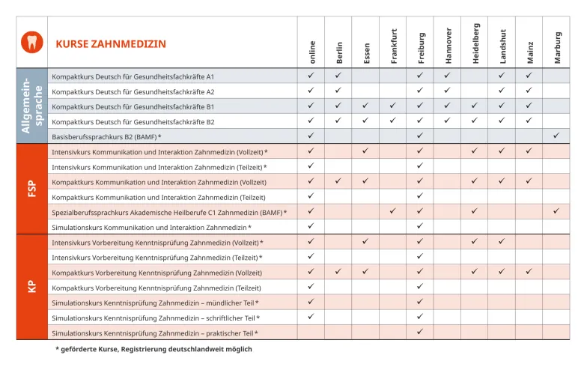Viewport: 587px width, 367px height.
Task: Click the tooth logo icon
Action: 31,43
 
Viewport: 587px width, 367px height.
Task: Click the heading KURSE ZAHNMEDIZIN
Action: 111,44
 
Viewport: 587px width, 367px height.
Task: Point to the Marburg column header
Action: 556,46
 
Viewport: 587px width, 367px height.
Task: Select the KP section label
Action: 31,286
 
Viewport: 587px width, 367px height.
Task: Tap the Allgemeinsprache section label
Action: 31,106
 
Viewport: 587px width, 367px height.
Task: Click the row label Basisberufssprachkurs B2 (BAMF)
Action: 106,136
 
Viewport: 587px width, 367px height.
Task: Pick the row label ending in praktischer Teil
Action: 155,333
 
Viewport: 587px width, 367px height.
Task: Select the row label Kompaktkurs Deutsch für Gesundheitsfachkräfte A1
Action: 133,76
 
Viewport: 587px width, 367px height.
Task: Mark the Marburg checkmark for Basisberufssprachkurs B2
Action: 556,136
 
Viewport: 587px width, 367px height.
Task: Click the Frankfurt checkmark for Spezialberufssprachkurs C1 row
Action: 393,211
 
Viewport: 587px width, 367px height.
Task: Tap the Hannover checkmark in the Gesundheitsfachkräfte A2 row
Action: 447,91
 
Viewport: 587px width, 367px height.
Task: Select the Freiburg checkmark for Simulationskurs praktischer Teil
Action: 420,332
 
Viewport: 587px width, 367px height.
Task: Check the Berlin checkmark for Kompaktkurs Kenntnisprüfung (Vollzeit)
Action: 338,272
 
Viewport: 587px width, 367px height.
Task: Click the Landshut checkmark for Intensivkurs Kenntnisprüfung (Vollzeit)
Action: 502,241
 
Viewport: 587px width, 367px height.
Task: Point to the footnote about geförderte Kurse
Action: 153,349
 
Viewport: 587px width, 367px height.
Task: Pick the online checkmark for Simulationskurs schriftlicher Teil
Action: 311,317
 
